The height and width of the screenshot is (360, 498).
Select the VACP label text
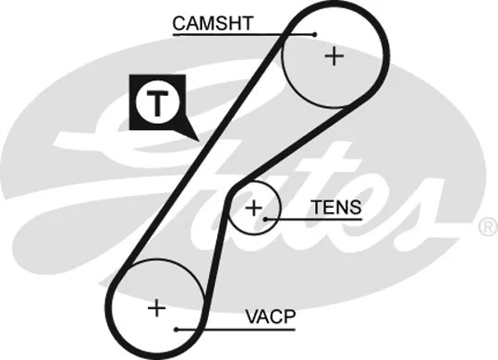coord(270,317)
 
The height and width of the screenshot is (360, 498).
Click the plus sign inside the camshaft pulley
coord(333,57)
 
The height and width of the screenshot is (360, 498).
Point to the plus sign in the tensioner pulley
coord(253,208)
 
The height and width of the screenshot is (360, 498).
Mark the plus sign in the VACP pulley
coord(158,307)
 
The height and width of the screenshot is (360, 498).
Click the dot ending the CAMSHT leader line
coord(315,34)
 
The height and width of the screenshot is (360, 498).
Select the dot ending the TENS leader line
coord(266,220)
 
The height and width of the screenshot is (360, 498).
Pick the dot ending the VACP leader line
coord(176,329)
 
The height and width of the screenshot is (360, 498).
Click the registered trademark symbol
coord(486,226)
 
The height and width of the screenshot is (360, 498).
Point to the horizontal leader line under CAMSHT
coord(240,34)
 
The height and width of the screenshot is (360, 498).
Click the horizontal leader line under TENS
coord(314,220)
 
